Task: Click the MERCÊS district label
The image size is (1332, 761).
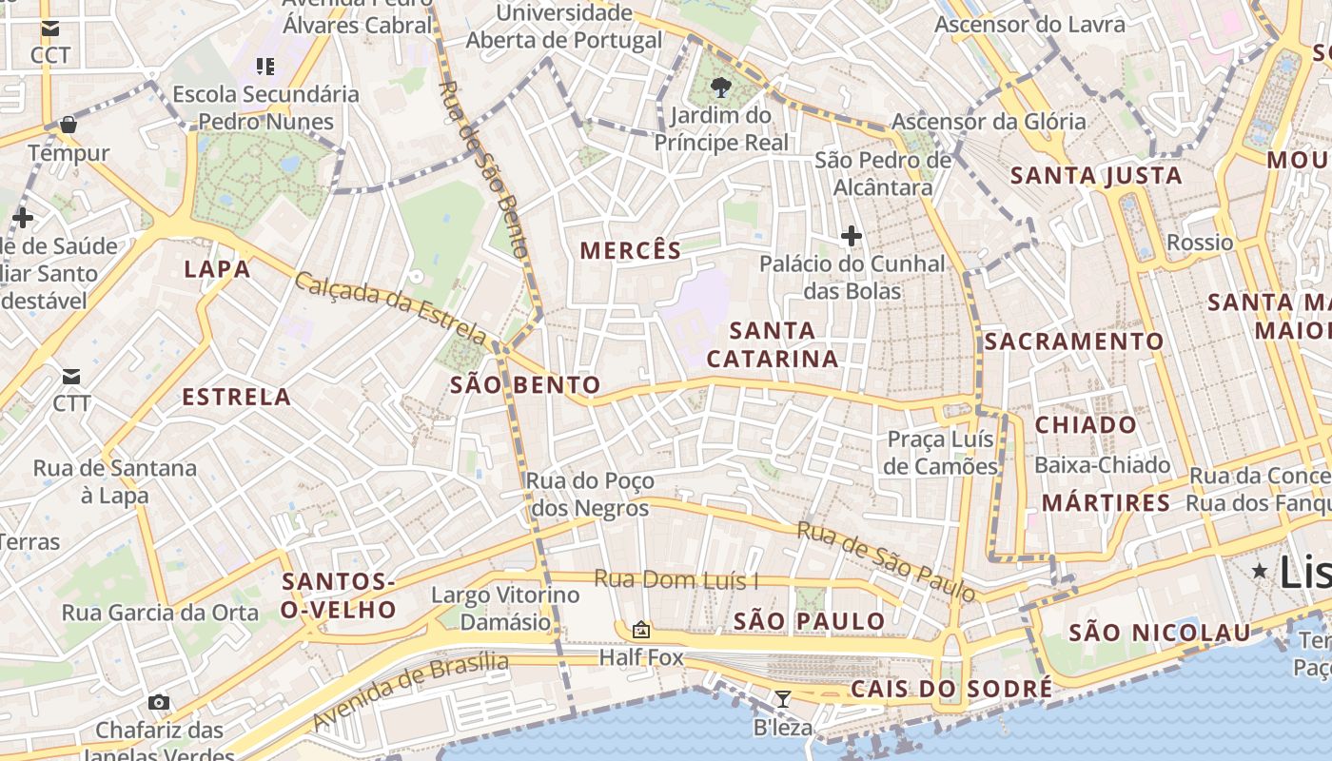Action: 631,250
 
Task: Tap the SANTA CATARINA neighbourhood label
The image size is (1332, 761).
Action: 773,344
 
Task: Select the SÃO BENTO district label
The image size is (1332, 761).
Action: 525,385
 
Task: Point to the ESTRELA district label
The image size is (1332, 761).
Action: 236,397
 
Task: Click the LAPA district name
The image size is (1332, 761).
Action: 217,269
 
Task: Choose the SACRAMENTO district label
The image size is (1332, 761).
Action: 1074,341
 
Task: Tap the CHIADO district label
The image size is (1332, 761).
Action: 1086,425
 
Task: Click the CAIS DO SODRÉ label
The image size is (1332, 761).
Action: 951,689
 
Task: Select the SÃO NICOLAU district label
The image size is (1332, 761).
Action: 1159,633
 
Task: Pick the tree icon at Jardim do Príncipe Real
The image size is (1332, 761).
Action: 720,88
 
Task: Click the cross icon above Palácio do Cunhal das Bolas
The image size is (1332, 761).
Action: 852,235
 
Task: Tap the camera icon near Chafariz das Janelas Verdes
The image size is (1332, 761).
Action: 159,703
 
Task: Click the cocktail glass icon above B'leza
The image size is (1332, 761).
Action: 782,700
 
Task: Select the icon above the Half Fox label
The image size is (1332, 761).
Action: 641,630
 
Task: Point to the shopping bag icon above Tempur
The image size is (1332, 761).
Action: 68,125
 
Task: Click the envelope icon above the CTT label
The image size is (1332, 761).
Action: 71,376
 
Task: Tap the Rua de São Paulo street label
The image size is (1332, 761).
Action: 886,561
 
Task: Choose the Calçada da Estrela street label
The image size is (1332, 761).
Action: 391,308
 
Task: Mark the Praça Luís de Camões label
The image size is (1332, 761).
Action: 941,452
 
